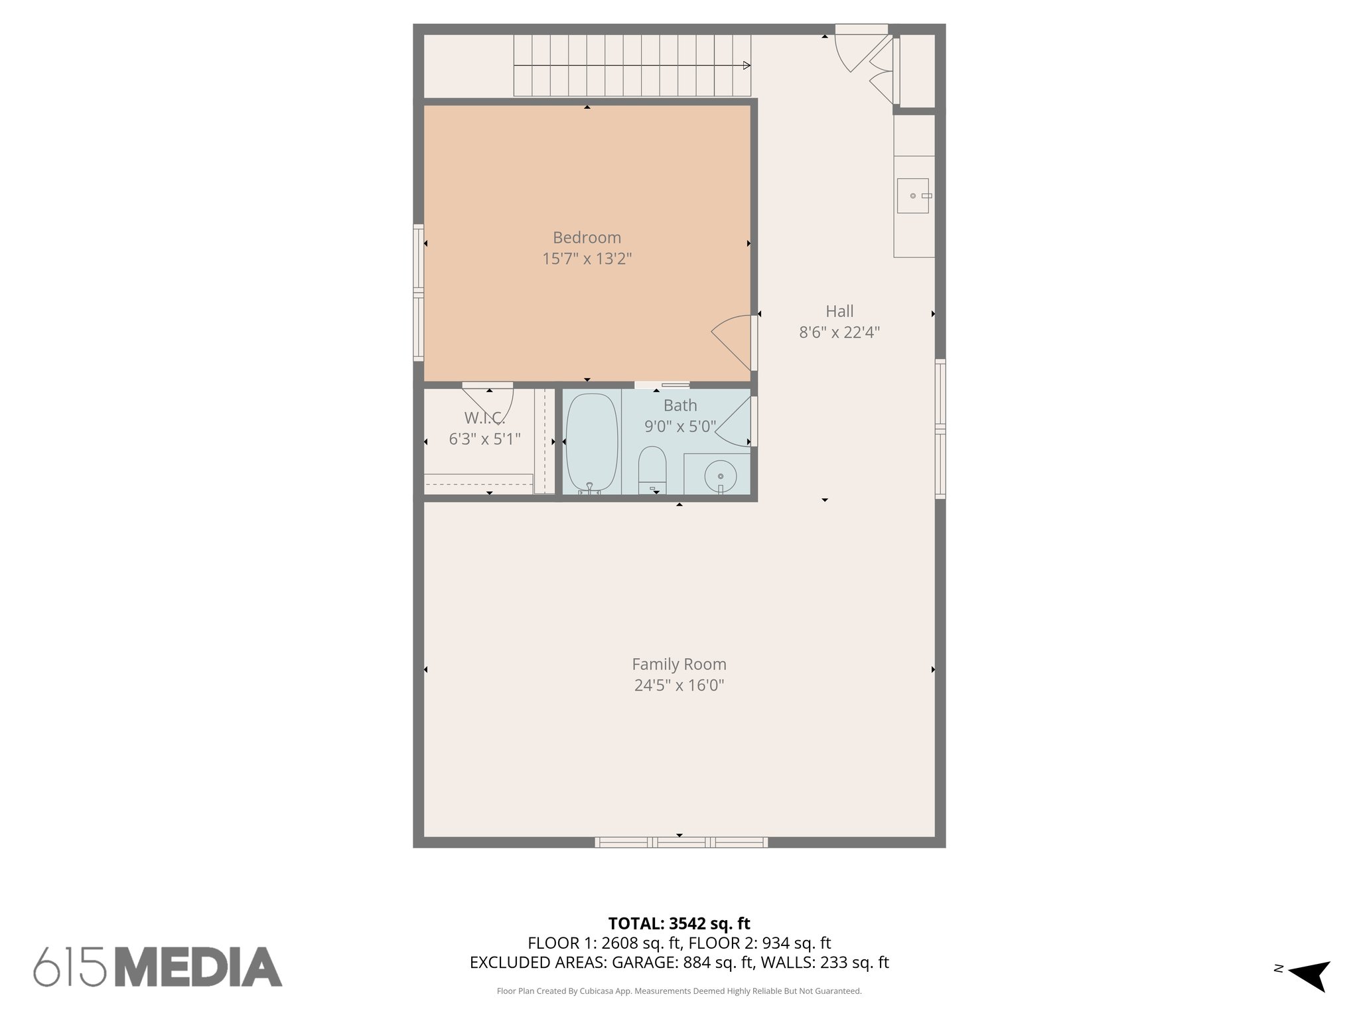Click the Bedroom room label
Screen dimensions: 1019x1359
click(x=587, y=238)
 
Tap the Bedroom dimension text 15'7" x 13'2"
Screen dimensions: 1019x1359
click(x=587, y=259)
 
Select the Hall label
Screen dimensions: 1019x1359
click(x=839, y=311)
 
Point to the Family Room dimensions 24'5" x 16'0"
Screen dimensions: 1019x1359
click(x=679, y=685)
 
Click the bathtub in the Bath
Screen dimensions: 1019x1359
click(x=592, y=442)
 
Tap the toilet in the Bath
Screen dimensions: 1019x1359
click(x=652, y=468)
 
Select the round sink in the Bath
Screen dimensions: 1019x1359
click(x=720, y=476)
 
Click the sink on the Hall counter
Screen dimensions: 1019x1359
click(x=913, y=196)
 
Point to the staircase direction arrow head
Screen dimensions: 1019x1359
click(x=747, y=66)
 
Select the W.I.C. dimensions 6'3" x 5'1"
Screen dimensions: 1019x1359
click(x=484, y=439)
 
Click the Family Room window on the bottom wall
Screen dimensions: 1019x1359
click(x=681, y=842)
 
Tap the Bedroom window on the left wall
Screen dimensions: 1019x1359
click(x=419, y=292)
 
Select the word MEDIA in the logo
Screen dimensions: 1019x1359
click(x=198, y=967)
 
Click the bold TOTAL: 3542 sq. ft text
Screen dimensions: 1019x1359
click(x=679, y=923)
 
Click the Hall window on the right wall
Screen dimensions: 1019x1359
click(x=940, y=429)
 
